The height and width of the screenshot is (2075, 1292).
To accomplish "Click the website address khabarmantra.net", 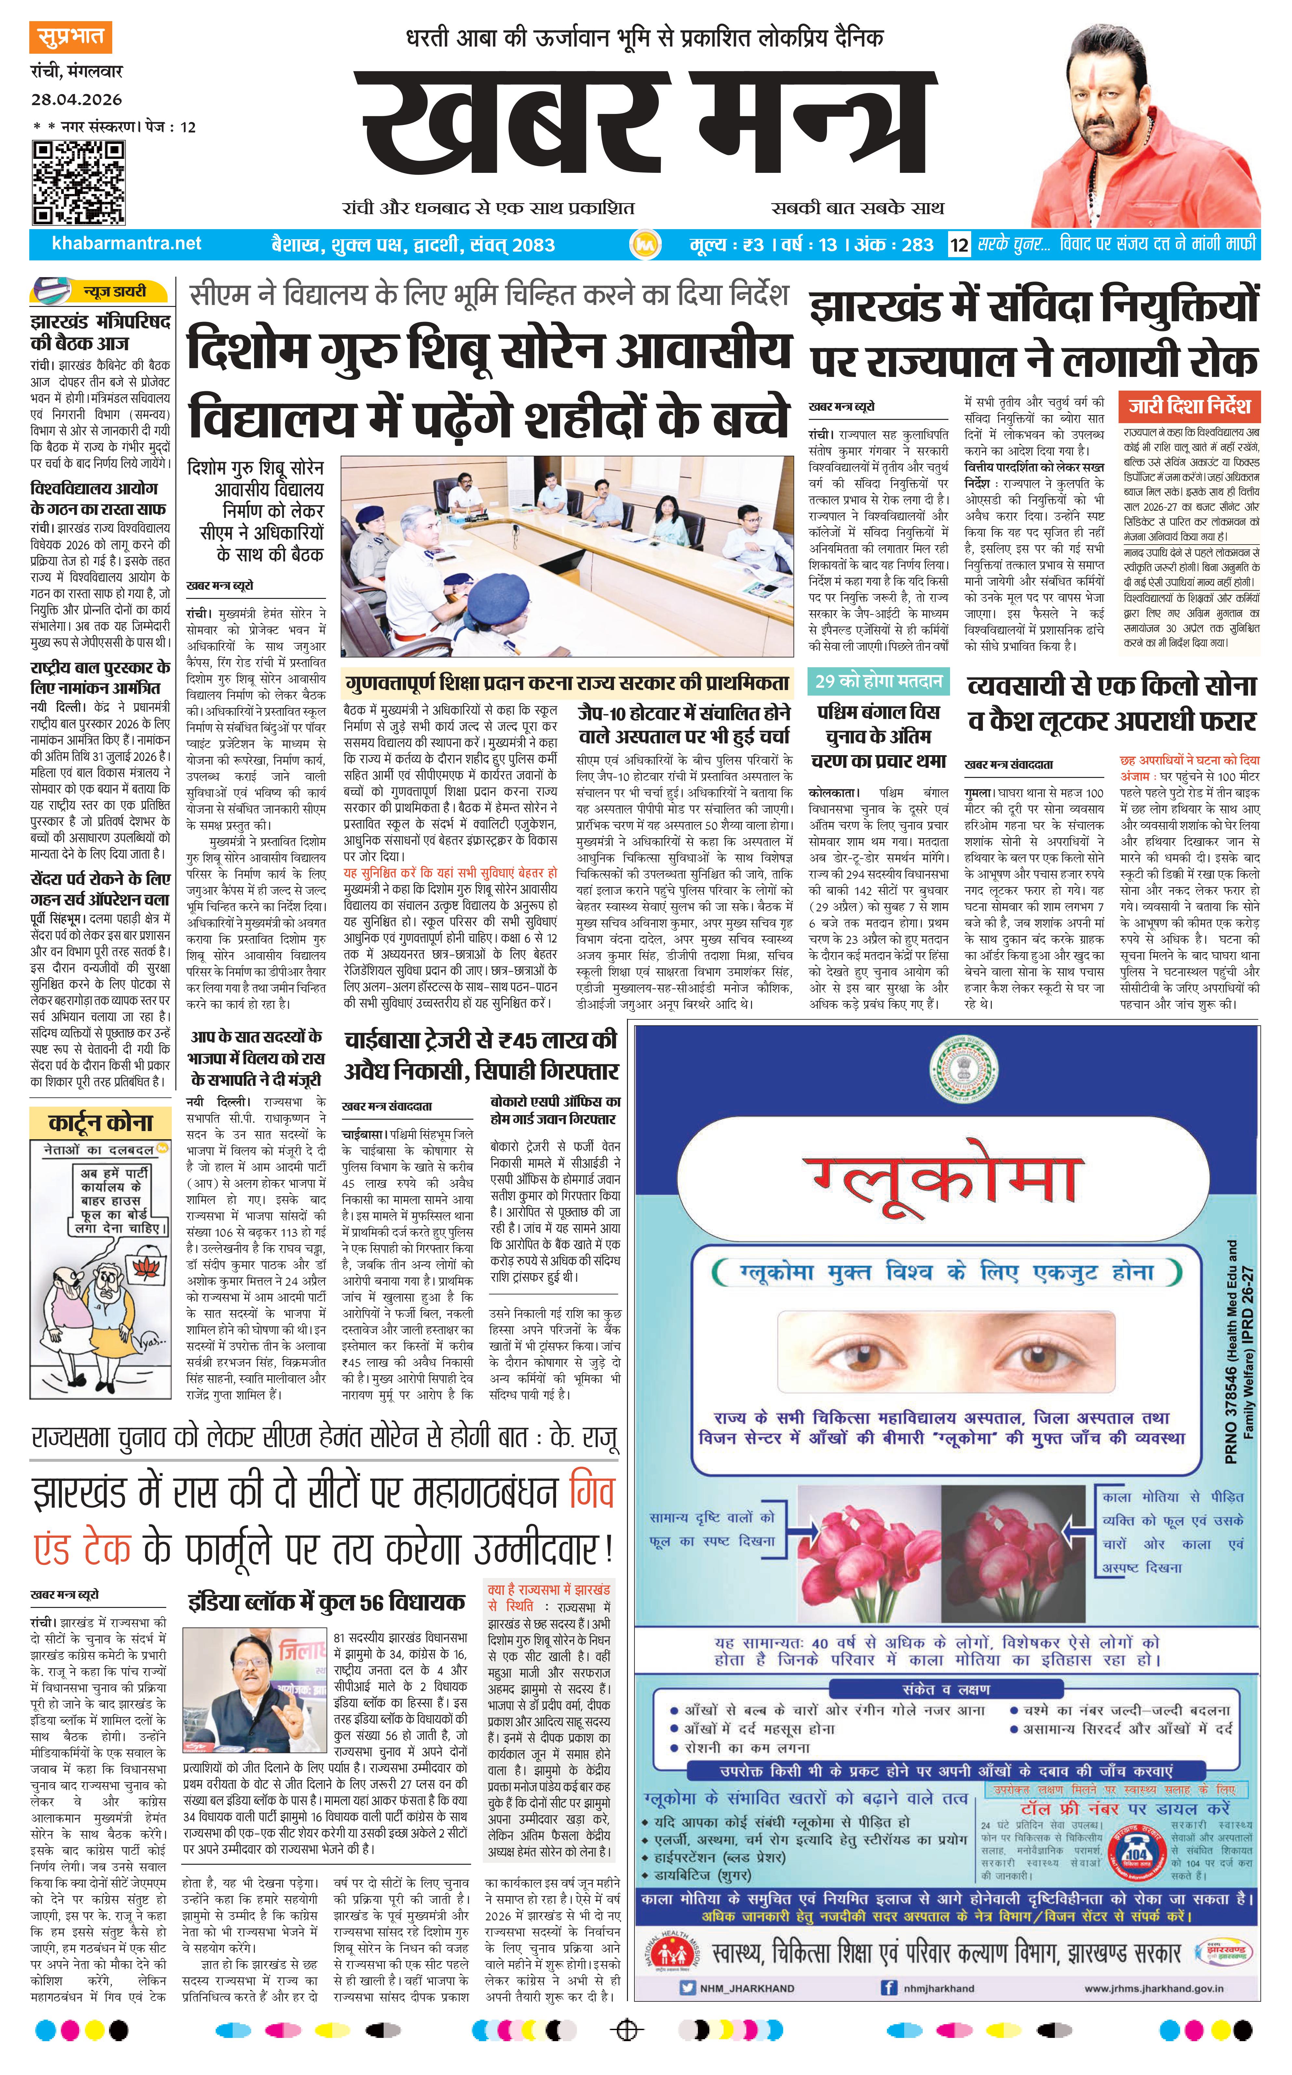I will click(127, 243).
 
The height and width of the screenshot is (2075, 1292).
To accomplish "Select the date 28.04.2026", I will click(77, 99).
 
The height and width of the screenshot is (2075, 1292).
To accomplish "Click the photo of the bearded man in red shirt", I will click(1145, 128).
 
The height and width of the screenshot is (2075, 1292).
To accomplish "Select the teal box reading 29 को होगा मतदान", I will click(877, 681).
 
